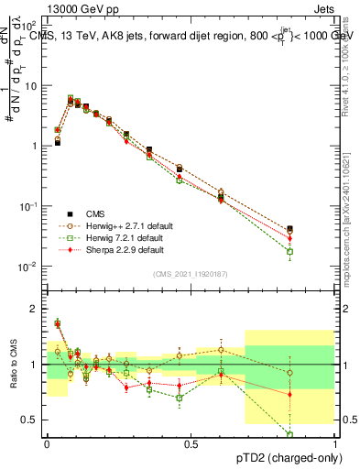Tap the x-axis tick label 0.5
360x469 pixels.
(x=191, y=442)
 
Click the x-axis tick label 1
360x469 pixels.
(x=336, y=442)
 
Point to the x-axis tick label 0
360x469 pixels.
(x=47, y=442)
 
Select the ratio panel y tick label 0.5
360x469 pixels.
(x=32, y=420)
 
